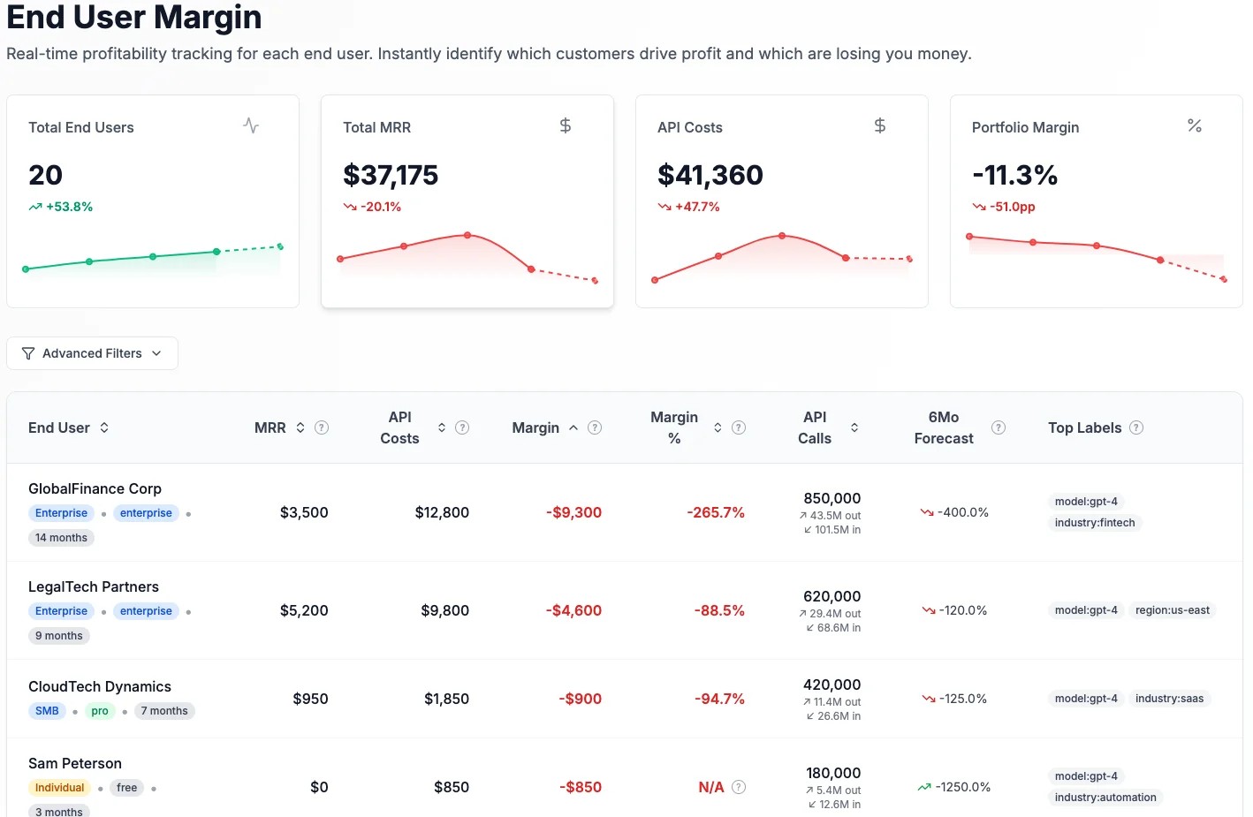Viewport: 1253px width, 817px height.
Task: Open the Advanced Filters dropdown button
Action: [92, 353]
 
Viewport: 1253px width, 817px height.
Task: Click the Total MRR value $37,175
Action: [391, 175]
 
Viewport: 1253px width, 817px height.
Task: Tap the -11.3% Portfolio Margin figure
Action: [1014, 175]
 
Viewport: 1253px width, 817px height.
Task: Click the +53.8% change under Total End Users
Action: [61, 207]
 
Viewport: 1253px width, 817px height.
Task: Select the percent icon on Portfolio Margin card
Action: [1194, 126]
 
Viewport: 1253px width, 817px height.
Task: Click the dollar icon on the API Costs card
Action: [879, 126]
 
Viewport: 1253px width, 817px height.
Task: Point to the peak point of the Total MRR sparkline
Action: [467, 235]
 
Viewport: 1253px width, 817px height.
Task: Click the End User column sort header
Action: [69, 427]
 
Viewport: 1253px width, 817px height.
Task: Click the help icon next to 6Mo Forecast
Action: [999, 427]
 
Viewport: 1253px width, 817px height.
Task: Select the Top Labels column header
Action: [1084, 427]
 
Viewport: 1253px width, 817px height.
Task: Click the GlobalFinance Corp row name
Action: [95, 488]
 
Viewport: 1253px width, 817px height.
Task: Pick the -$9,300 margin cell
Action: [573, 512]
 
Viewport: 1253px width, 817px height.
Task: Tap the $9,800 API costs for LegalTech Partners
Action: [444, 610]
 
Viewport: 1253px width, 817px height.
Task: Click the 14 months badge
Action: [61, 538]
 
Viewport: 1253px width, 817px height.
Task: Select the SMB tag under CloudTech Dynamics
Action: [47, 711]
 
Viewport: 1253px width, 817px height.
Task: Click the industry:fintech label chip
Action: [1094, 523]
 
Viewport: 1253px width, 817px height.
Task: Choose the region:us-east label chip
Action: [1172, 610]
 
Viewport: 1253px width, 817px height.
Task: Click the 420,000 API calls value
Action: [832, 685]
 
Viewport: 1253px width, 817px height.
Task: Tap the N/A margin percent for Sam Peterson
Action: [710, 787]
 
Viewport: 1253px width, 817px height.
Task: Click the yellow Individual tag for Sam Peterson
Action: [59, 788]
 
